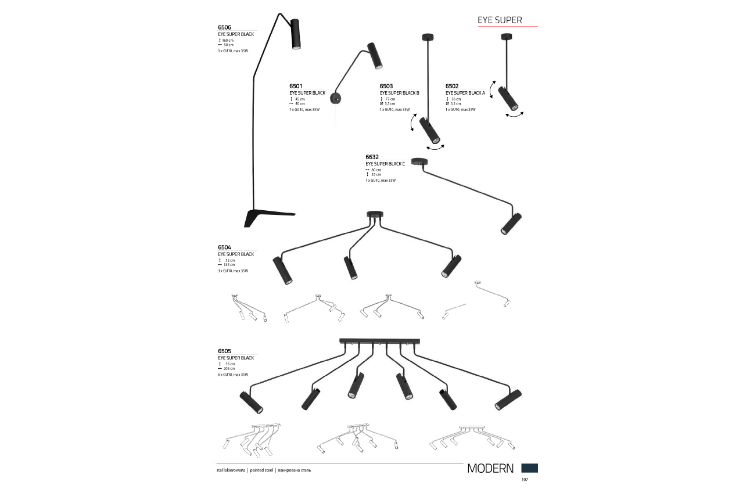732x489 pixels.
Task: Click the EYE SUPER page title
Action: (500, 20)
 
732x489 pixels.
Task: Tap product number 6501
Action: (296, 86)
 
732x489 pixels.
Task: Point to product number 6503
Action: (386, 86)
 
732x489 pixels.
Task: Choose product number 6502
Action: (453, 86)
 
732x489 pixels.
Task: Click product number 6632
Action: (372, 157)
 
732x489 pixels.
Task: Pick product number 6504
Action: (224, 247)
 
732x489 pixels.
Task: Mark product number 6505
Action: (224, 351)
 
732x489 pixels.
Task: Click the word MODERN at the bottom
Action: (490, 469)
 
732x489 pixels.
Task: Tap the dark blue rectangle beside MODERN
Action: (529, 468)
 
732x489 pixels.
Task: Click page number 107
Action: (525, 480)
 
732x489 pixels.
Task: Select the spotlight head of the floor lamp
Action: (295, 34)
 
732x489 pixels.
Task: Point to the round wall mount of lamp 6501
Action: (335, 98)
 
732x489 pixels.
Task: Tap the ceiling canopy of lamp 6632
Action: (418, 161)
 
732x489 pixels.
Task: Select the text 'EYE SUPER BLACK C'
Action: (385, 164)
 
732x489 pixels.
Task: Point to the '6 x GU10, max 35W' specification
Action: (232, 375)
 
